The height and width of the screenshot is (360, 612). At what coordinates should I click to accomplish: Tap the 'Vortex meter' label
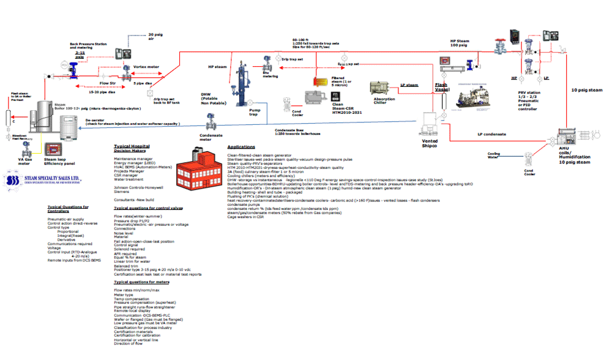[146, 66]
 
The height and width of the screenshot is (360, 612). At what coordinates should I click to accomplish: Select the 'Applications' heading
[241, 147]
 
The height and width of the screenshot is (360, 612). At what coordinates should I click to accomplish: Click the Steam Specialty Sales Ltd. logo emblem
[12, 181]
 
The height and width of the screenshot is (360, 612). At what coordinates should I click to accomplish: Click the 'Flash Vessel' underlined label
[442, 86]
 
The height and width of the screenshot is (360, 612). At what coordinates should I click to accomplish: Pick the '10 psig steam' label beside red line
[588, 90]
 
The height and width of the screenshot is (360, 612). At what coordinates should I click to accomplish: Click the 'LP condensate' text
[492, 134]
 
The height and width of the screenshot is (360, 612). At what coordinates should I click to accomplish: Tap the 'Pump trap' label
[255, 113]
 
